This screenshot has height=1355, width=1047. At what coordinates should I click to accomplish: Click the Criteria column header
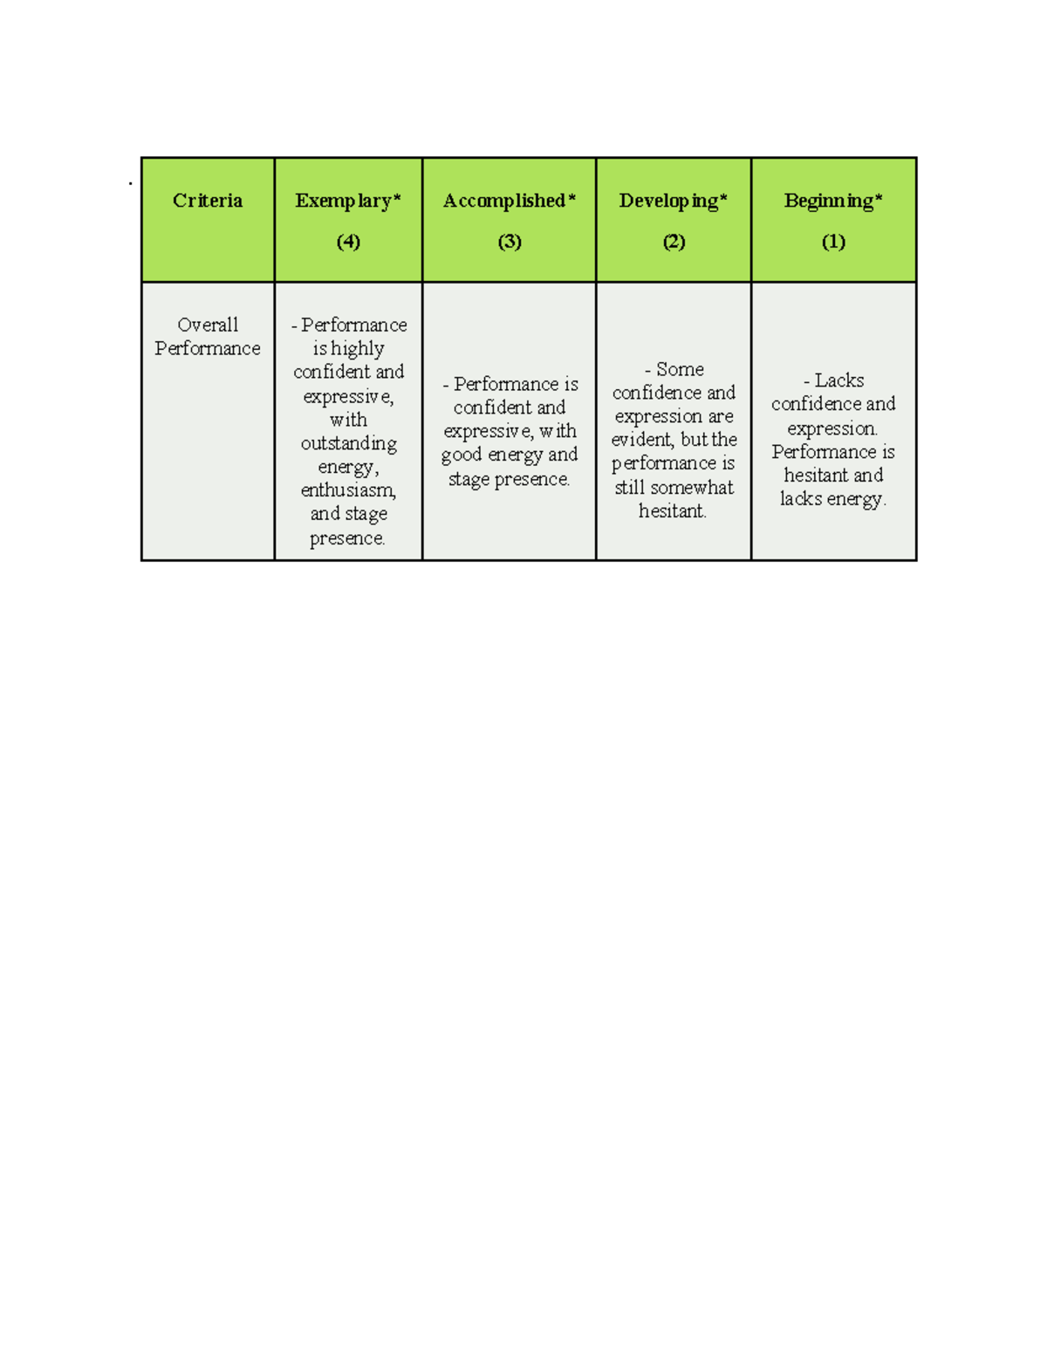[x=208, y=201]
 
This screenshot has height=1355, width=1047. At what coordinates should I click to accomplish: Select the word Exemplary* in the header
[x=347, y=201]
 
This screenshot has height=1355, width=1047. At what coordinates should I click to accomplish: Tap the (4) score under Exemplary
[x=348, y=242]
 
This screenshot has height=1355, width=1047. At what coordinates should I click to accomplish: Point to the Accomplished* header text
[x=509, y=201]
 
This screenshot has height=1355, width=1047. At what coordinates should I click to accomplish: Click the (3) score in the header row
[x=510, y=242]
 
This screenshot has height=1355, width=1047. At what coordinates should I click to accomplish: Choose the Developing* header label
[x=673, y=201]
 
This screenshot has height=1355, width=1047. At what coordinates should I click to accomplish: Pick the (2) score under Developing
[x=674, y=242]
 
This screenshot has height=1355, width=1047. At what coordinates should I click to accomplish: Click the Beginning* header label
[x=833, y=201]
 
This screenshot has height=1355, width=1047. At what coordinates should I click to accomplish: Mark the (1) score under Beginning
[x=833, y=242]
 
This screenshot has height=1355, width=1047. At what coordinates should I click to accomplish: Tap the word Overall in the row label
[x=208, y=325]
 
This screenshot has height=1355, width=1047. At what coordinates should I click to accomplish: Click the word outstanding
[x=349, y=444]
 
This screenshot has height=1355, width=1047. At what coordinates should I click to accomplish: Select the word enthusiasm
[x=348, y=490]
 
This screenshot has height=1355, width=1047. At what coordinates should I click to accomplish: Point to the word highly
[x=358, y=349]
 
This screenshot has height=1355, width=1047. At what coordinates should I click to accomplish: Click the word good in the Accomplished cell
[x=462, y=455]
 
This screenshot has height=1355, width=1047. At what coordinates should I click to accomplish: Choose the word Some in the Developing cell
[x=680, y=369]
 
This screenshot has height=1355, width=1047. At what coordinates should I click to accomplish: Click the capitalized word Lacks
[x=839, y=380]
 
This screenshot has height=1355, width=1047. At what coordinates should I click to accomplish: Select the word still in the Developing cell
[x=629, y=488]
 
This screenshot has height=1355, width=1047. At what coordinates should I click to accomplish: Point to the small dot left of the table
[x=130, y=183]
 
